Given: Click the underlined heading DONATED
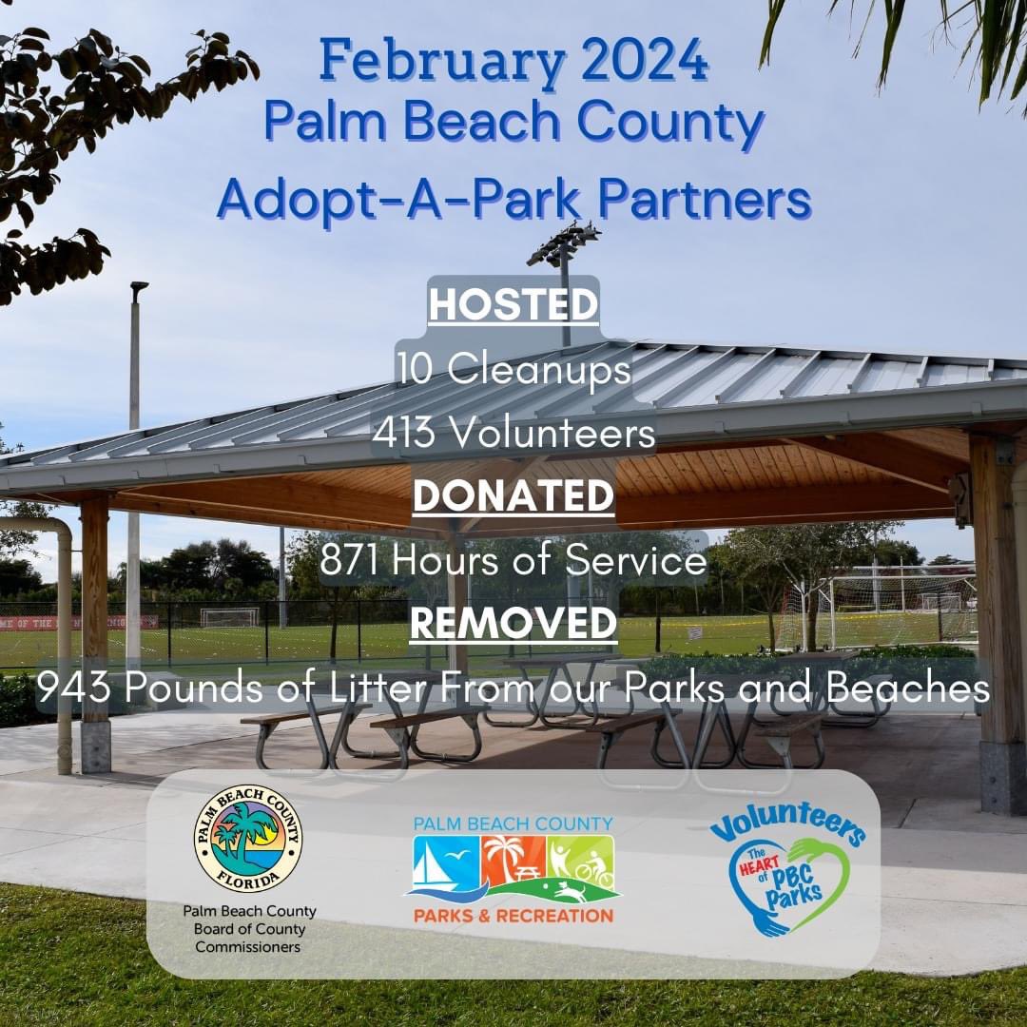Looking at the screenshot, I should [x=513, y=496].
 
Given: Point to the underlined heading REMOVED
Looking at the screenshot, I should [x=513, y=625].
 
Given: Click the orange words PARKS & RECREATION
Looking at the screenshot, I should [x=513, y=916].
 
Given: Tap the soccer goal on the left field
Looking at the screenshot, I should [x=228, y=617].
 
